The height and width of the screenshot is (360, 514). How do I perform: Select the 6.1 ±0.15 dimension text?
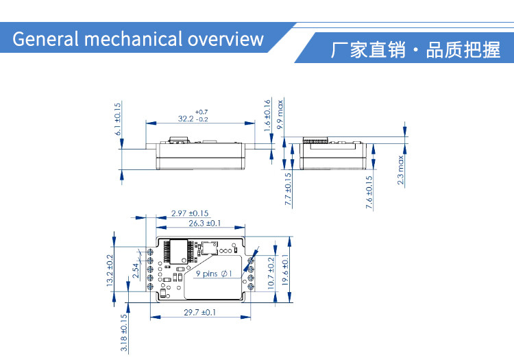click(118, 119)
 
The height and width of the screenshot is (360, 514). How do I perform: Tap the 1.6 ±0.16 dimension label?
click(267, 115)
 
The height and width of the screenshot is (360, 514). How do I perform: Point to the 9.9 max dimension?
click(280, 115)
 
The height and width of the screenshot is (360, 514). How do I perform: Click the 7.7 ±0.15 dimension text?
click(288, 189)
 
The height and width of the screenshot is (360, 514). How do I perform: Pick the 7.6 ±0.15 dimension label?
click(369, 192)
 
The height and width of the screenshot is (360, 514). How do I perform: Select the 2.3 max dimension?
click(400, 170)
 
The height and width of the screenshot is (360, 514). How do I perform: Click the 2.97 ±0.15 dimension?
click(190, 213)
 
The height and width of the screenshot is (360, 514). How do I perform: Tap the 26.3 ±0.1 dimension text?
click(204, 224)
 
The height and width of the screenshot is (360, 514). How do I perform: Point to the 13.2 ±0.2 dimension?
click(110, 270)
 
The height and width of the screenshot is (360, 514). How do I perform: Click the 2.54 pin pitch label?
click(136, 270)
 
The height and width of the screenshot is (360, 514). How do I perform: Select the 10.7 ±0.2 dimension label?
click(271, 273)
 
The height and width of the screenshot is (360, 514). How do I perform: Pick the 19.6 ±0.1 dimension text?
click(285, 270)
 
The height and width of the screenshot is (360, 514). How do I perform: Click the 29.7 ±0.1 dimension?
click(199, 312)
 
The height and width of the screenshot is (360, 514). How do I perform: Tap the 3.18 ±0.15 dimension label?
click(123, 333)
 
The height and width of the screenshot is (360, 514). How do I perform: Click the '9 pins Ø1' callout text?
click(214, 274)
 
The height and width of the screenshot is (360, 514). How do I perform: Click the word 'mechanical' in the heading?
click(134, 38)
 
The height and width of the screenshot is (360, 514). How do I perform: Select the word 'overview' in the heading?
click(226, 39)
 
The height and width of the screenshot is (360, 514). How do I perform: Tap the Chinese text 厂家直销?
click(368, 50)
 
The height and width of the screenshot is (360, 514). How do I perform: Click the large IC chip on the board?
click(179, 251)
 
